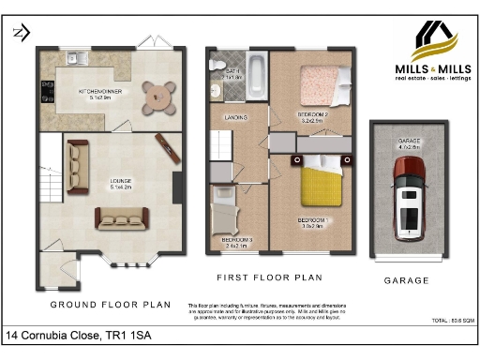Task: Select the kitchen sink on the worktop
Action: (x=74, y=58)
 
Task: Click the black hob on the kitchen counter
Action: (x=43, y=91)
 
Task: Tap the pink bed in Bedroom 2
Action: (x=320, y=86)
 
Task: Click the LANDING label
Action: (x=236, y=118)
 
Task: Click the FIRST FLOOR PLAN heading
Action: (x=269, y=277)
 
